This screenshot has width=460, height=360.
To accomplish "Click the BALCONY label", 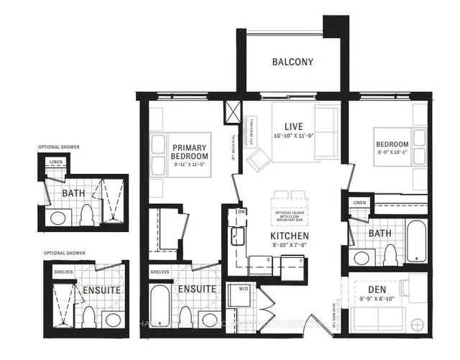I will [293, 62].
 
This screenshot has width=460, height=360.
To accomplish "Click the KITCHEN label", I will [290, 236].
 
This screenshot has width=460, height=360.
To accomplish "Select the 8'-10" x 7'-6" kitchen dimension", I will [290, 246].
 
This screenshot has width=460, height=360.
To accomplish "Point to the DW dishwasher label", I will [241, 213].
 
